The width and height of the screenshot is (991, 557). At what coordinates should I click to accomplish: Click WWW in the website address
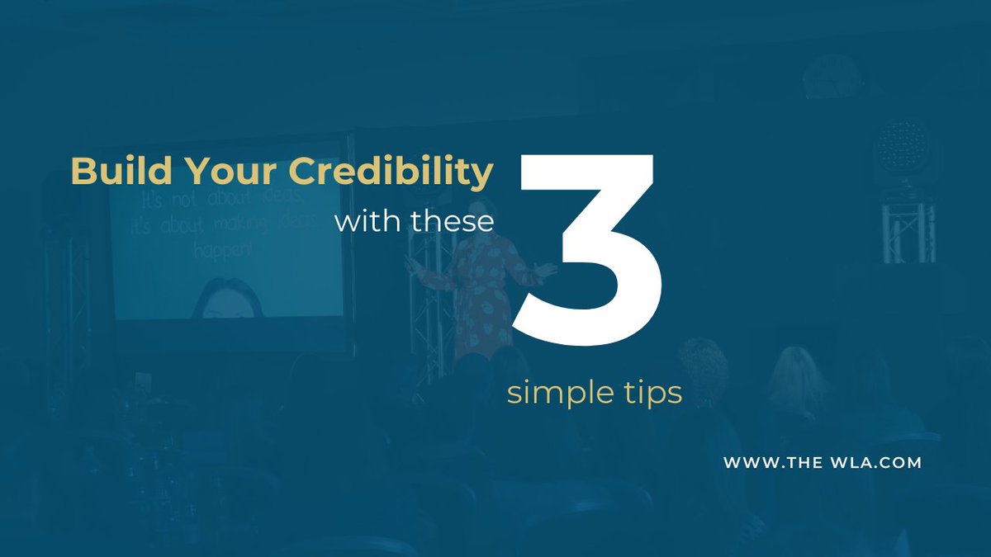tap(747, 463)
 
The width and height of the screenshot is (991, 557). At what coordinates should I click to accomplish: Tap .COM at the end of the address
tap(899, 463)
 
